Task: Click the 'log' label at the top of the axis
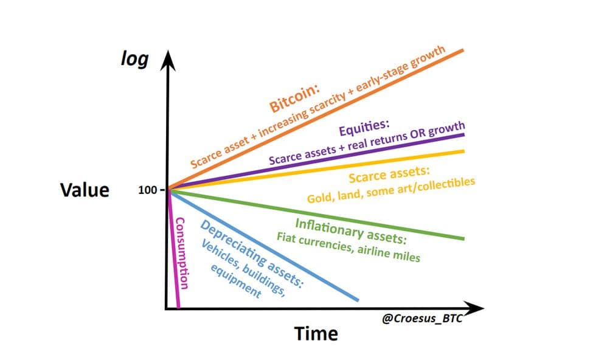134,60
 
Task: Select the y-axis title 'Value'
85,190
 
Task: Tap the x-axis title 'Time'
316,333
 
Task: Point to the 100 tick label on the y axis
148,190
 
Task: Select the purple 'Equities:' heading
364,128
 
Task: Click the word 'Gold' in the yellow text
319,198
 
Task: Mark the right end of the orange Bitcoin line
463,50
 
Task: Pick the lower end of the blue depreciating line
358,299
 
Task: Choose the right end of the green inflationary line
463,238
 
